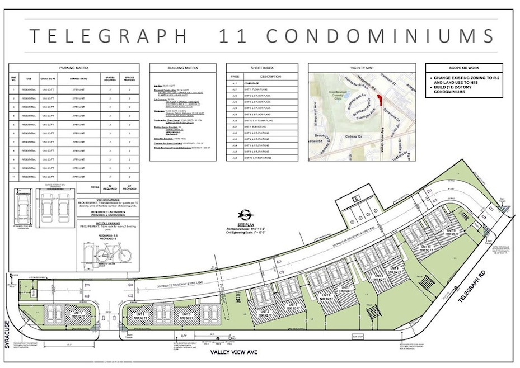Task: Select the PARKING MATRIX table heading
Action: click(74, 67)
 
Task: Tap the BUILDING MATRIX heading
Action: click(182, 68)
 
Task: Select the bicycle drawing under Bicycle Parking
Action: click(111, 254)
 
